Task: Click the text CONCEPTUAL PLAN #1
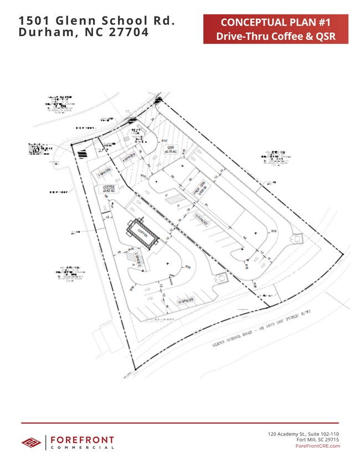tap(275, 23)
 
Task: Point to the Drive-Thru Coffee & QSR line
tap(275, 37)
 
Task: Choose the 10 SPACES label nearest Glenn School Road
tap(185, 303)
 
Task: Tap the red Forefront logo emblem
tap(31, 442)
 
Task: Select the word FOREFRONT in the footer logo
tap(82, 440)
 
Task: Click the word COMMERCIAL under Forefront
tap(82, 448)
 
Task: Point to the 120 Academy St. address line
tap(303, 433)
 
